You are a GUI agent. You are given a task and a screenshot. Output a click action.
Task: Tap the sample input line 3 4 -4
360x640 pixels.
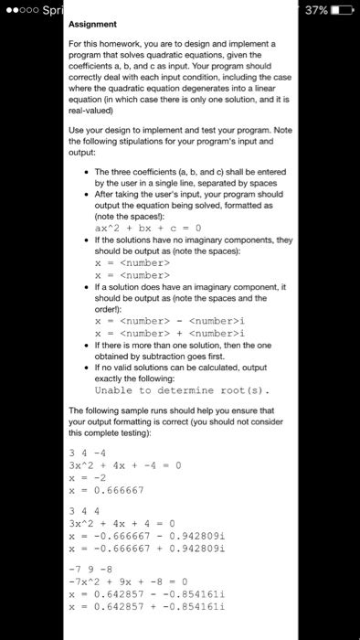(x=90, y=453)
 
